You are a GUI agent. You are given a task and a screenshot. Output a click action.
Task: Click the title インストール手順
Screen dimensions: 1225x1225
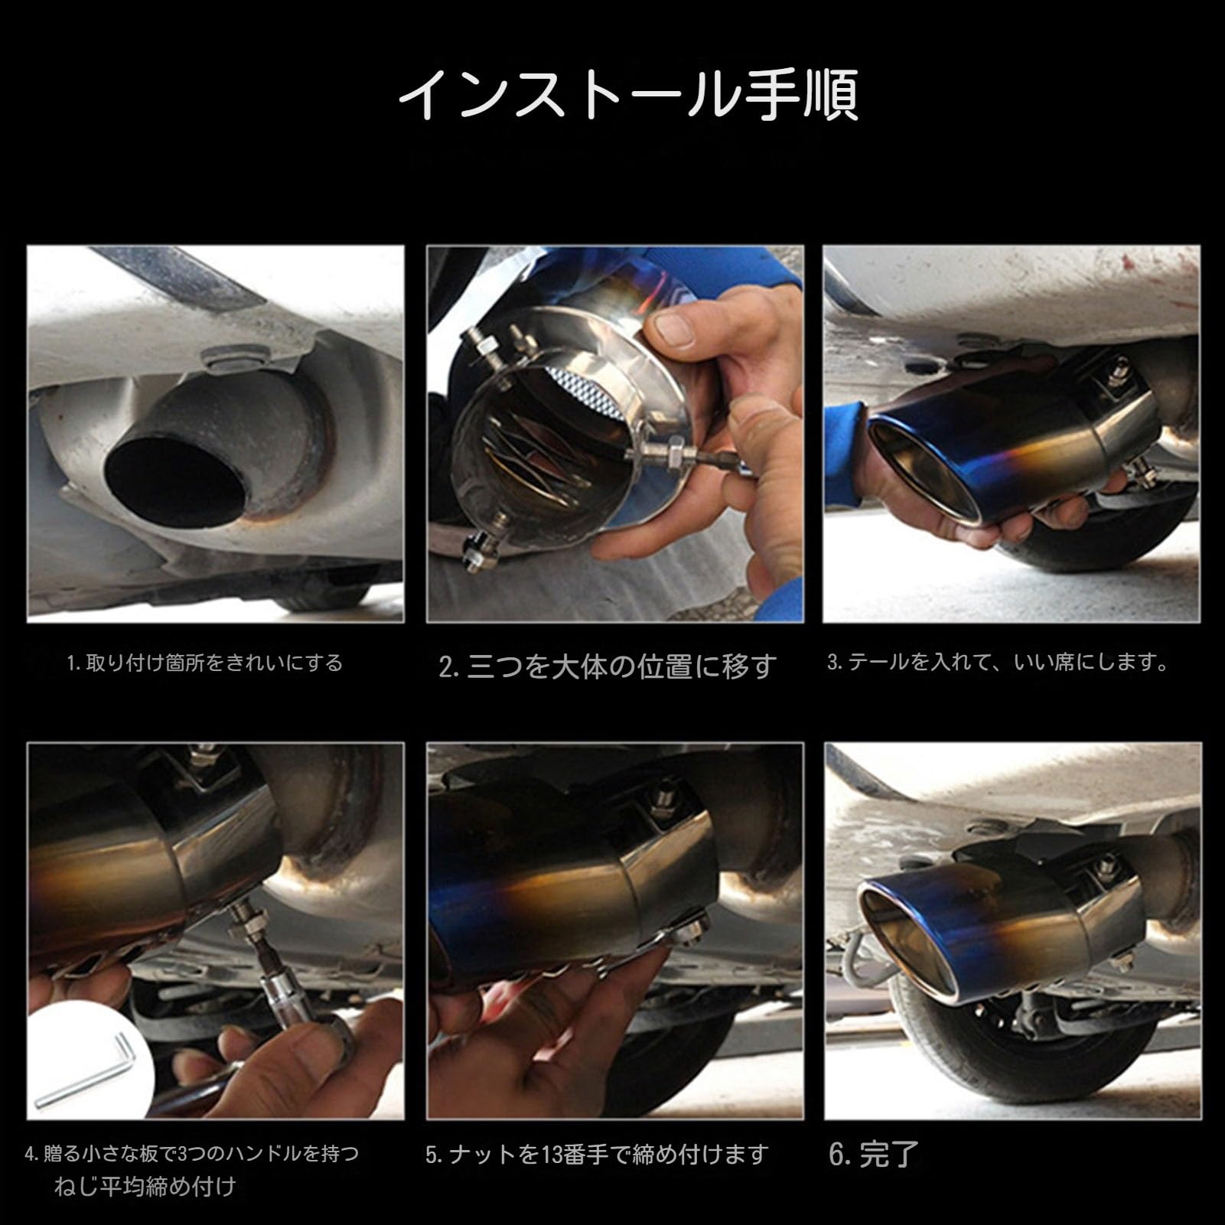(x=627, y=95)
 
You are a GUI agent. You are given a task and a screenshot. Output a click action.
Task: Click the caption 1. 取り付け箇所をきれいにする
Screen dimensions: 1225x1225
(x=205, y=662)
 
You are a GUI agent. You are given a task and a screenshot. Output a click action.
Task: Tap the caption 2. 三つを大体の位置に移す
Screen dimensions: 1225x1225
(x=608, y=666)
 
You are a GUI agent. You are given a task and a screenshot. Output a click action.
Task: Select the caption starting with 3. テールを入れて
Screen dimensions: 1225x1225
(x=998, y=662)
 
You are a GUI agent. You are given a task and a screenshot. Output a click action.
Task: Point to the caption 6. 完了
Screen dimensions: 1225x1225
(x=874, y=1155)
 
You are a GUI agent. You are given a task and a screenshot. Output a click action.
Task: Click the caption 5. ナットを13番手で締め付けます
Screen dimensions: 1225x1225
(x=596, y=1154)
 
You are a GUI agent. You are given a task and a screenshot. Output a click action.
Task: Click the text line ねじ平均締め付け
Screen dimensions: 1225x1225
(x=145, y=1187)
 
